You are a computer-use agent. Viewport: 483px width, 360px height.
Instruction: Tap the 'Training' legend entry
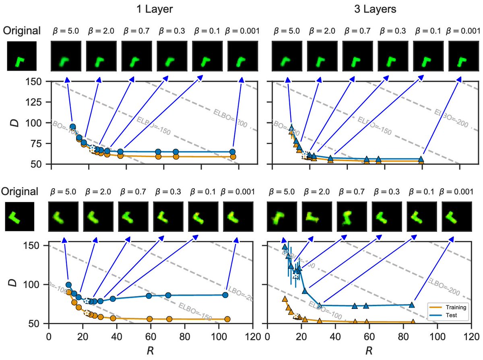click(x=457, y=307)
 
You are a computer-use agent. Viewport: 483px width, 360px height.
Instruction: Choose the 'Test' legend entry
click(x=453, y=315)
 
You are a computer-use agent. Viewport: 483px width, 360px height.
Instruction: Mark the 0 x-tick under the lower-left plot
click(x=49, y=334)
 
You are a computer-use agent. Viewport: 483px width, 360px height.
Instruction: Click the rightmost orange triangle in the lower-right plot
click(x=413, y=322)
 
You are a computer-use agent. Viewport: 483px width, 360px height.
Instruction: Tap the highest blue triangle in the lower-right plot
click(x=285, y=247)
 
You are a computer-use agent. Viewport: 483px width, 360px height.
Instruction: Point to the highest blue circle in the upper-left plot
click(x=73, y=127)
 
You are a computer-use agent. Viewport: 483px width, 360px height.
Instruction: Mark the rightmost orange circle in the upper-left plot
click(x=233, y=157)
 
